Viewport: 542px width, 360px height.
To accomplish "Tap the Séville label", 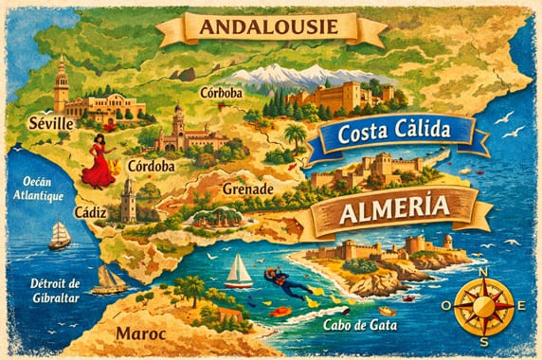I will click(x=51, y=124).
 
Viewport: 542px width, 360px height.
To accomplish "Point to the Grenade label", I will click(x=247, y=189).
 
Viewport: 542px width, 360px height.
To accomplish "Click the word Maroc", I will click(x=139, y=334).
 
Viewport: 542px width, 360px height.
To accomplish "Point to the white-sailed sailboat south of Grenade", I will click(x=238, y=271).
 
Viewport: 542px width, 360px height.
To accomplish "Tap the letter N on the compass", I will click(x=483, y=273).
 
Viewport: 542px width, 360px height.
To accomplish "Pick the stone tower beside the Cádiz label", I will click(x=128, y=200).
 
